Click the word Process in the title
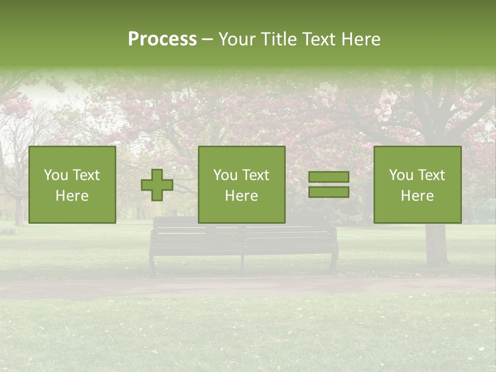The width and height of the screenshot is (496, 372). (162, 39)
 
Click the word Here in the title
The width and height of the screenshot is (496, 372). (361, 39)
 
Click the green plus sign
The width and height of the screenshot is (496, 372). (157, 185)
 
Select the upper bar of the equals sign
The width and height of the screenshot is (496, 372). (329, 177)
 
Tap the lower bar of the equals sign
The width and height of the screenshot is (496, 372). (329, 192)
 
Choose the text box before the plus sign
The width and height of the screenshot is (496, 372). (72, 184)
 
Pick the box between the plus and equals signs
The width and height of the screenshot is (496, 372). (241, 184)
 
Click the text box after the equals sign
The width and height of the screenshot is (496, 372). (417, 184)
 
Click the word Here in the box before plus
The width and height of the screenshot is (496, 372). (72, 196)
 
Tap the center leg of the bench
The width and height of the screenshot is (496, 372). (242, 263)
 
